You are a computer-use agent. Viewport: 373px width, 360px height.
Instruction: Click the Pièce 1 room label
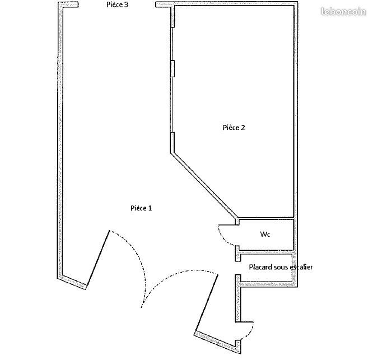(141, 208)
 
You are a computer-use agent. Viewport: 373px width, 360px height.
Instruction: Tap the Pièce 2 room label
(234, 128)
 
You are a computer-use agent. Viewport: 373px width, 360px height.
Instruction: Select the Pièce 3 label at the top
(117, 4)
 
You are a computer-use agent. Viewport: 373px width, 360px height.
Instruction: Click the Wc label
(265, 234)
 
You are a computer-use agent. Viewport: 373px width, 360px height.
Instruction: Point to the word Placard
(261, 267)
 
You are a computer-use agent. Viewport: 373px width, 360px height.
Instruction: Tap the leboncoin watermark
(343, 11)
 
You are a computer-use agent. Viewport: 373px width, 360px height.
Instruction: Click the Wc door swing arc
(223, 237)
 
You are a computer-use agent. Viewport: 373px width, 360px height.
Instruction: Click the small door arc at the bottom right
(250, 331)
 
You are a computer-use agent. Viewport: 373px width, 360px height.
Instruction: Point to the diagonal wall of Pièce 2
(204, 186)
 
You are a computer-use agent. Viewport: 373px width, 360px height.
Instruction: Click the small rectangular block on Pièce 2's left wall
(172, 68)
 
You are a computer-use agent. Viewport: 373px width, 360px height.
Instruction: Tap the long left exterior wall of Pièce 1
(60, 141)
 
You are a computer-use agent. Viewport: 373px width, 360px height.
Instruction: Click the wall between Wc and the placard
(266, 252)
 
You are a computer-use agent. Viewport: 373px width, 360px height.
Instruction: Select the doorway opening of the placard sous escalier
(238, 268)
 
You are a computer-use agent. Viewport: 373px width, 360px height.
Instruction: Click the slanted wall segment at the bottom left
(72, 283)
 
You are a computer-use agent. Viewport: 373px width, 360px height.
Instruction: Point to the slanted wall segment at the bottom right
(217, 342)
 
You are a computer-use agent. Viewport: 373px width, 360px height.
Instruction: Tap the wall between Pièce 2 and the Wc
(266, 218)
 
